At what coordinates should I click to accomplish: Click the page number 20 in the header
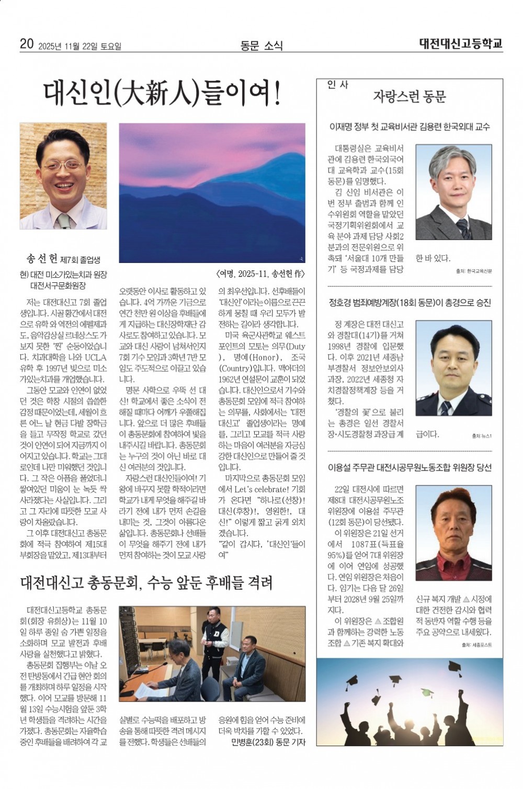27,45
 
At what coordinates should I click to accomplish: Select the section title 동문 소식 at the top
261,46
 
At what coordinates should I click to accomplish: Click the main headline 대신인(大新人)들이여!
162,94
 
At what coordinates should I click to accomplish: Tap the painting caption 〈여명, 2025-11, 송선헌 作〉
260,274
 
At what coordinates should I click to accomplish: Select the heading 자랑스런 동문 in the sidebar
409,97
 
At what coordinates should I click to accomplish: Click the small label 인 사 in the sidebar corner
338,84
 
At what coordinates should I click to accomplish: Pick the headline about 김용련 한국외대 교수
409,127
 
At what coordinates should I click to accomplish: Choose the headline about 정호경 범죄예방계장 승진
409,302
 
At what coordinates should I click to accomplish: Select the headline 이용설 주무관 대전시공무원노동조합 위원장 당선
409,467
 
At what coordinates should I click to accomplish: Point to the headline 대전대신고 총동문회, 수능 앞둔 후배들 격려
146,582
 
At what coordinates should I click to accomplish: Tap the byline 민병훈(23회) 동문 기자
268,742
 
